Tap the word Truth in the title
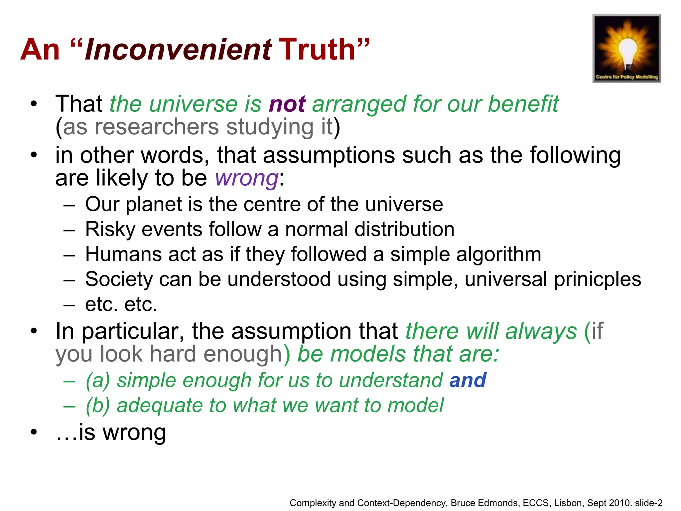(x=319, y=50)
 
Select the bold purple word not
(x=287, y=104)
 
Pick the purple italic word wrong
(x=246, y=178)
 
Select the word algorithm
(x=499, y=255)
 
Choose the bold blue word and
(x=468, y=381)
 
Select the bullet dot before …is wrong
(x=34, y=432)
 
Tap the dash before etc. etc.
(x=69, y=305)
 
